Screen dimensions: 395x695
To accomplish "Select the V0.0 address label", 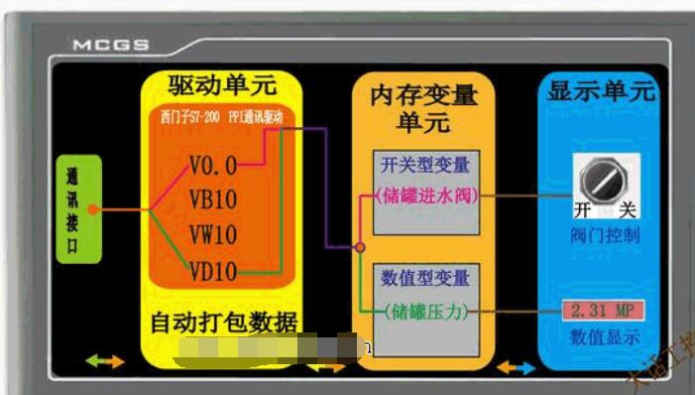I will click(212, 165).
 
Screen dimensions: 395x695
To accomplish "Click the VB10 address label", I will click(212, 199).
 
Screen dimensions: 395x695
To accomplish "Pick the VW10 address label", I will click(212, 235).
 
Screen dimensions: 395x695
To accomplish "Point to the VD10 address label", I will click(212, 270).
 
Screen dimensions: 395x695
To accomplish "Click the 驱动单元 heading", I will click(221, 84).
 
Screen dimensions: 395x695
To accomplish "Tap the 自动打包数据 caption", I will click(223, 323).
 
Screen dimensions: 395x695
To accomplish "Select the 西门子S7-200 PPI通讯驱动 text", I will click(221, 117).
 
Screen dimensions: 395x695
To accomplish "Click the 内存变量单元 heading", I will click(423, 109).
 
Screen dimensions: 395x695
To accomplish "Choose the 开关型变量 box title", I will click(425, 164).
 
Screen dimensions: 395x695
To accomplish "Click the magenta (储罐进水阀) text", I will click(424, 196).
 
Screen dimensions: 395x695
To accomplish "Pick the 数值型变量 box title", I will click(425, 278).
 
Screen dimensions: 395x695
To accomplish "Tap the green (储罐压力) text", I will click(425, 311).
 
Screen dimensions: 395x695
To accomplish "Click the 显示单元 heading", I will click(600, 92).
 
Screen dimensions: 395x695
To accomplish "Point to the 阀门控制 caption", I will click(605, 236).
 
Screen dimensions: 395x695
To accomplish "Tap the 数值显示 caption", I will click(605, 337).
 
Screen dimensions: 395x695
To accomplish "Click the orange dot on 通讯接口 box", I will click(92, 209).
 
